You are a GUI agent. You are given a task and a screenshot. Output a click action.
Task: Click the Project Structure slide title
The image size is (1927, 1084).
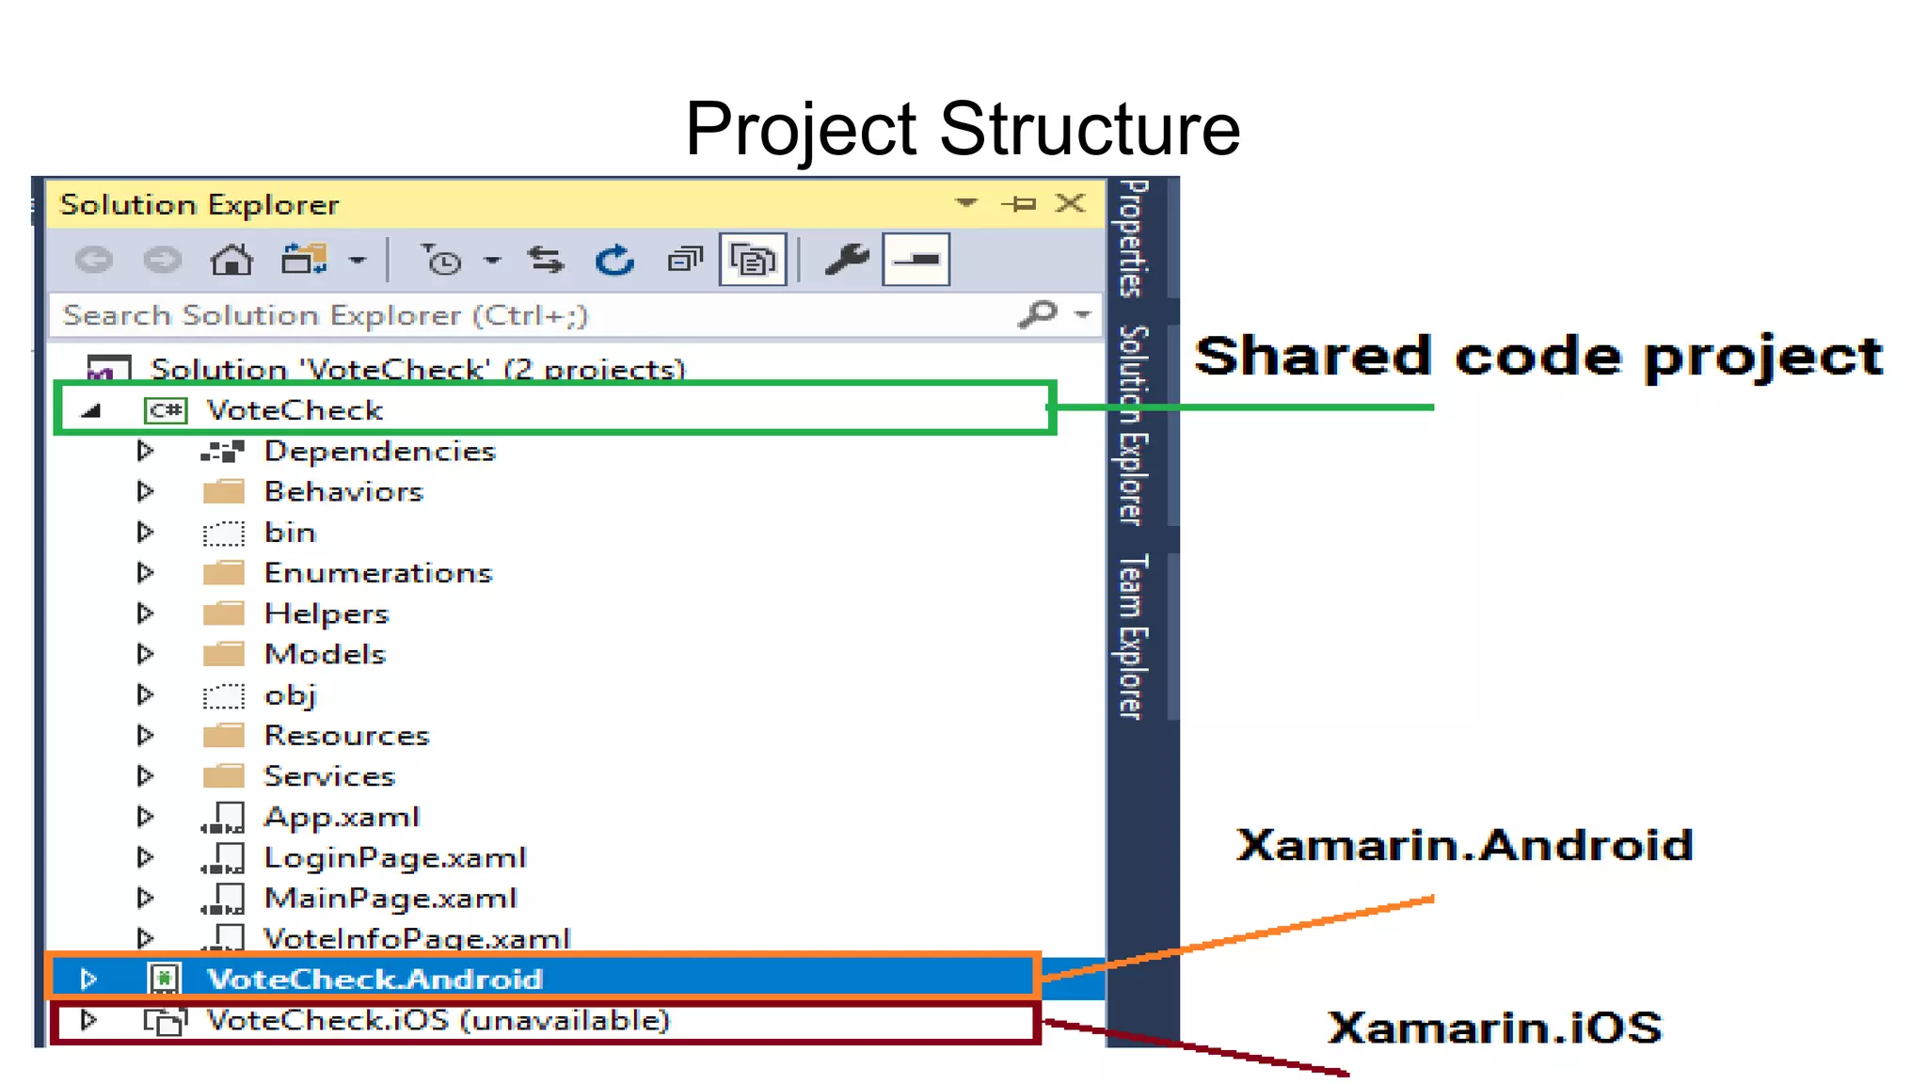[x=963, y=129]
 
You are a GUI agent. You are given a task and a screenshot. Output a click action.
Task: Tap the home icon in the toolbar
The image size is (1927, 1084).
[x=231, y=259]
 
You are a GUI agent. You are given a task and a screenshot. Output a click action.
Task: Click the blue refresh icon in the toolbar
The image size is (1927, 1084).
[x=615, y=260]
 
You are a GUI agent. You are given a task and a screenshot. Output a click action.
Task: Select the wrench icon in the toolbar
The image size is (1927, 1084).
[x=846, y=259]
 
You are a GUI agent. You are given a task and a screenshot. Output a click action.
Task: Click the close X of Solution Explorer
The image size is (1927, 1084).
[x=1070, y=203]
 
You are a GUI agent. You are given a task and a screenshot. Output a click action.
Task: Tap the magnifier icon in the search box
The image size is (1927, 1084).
[x=1038, y=313]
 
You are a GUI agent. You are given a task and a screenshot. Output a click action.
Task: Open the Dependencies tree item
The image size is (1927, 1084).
[x=379, y=452]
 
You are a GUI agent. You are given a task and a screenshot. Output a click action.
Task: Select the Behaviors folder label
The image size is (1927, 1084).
[x=343, y=492]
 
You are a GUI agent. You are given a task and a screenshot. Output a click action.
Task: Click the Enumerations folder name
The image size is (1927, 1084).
[x=378, y=573]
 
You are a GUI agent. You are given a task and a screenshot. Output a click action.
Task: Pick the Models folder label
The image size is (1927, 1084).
[x=325, y=654]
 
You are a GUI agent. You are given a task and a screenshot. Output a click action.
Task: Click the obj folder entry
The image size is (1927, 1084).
[x=290, y=695]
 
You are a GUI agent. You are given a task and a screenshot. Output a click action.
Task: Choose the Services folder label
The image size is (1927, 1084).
[x=329, y=776]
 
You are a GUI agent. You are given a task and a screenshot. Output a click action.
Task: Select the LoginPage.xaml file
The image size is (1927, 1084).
[x=394, y=857]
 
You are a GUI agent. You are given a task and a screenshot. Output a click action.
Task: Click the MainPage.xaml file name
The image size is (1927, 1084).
[x=390, y=899]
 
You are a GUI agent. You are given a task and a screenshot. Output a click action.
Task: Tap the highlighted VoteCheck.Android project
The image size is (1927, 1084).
[x=374, y=980]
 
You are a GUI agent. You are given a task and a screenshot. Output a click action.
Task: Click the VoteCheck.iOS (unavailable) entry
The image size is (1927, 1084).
[x=438, y=1020]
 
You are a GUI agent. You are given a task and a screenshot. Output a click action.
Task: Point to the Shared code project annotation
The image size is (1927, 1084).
[x=1537, y=357]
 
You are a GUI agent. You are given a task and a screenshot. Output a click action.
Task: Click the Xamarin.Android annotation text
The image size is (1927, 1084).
[x=1464, y=844]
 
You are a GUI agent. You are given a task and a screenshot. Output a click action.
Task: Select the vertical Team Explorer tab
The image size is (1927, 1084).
[x=1132, y=636]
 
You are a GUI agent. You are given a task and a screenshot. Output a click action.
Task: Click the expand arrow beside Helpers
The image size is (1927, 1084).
[x=145, y=614]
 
